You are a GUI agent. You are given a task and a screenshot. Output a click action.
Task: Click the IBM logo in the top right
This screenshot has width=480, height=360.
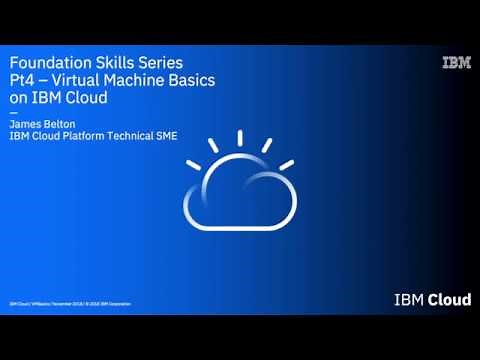pyautogui.click(x=456, y=63)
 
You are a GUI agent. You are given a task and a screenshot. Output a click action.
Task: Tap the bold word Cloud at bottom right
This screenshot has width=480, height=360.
pyautogui.click(x=447, y=298)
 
